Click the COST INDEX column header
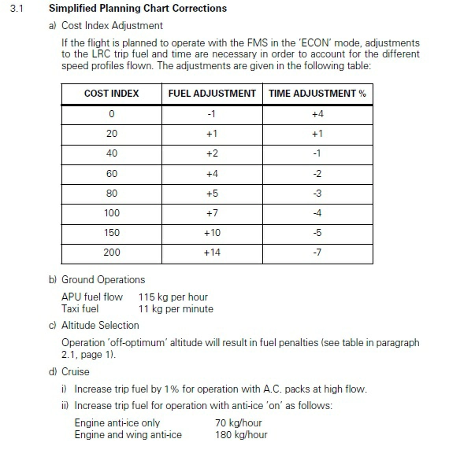coord(111,94)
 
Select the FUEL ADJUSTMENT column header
coord(212,94)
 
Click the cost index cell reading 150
coord(111,233)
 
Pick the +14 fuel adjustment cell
coord(212,253)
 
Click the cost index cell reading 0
coord(111,114)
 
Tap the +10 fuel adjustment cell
coord(212,233)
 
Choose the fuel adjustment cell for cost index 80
coord(212,193)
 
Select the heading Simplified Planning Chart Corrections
coord(137,9)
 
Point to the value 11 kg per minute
coord(176,308)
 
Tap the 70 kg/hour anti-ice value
coord(239,423)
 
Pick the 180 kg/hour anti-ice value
coord(241,434)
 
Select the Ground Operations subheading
coord(103,279)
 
